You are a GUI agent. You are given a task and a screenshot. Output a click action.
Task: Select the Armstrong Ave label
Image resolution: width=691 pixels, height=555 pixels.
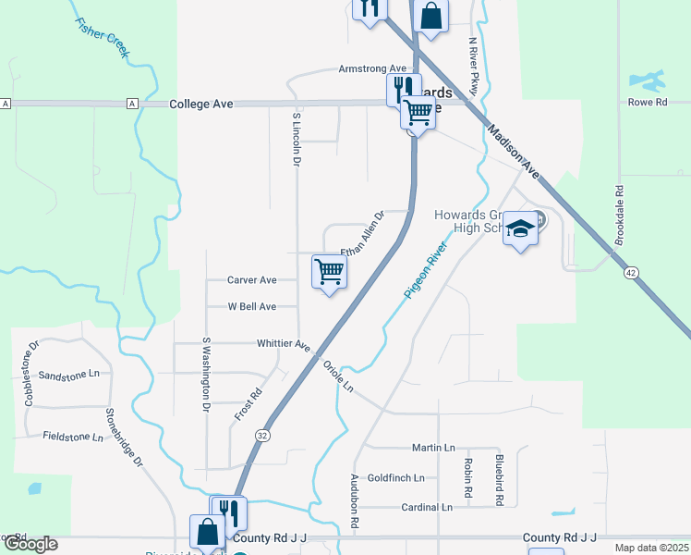pos(372,69)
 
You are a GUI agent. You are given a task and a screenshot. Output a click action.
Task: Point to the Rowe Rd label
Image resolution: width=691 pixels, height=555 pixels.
pos(648,103)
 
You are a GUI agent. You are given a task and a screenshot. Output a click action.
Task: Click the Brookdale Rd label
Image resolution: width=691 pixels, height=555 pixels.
pos(620,212)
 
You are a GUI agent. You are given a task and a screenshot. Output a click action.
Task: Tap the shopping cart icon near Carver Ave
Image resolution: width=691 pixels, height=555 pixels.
pos(329,271)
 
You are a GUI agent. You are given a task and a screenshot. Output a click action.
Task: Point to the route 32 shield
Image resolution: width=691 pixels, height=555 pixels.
pos(263,435)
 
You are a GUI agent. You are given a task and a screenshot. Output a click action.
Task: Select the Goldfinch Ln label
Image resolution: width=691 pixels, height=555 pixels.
pos(395,478)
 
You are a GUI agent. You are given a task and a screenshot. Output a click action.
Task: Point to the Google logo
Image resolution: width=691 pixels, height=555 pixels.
pos(30,544)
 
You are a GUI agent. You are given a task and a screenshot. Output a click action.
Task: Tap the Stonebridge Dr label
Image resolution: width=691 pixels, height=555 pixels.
pos(125,437)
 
